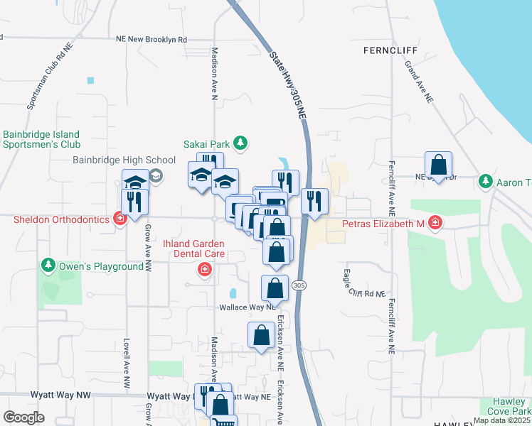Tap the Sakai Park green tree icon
[240, 143]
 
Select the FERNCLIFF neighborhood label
[388, 50]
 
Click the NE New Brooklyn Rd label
[152, 40]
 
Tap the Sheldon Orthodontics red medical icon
[120, 219]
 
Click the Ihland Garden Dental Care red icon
[205, 270]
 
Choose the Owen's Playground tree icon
[48, 266]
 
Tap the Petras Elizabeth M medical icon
[435, 224]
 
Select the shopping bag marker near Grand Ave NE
[440, 165]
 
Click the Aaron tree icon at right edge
[486, 182]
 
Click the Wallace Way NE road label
[246, 307]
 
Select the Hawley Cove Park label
[509, 405]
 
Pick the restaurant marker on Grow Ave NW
[134, 202]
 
